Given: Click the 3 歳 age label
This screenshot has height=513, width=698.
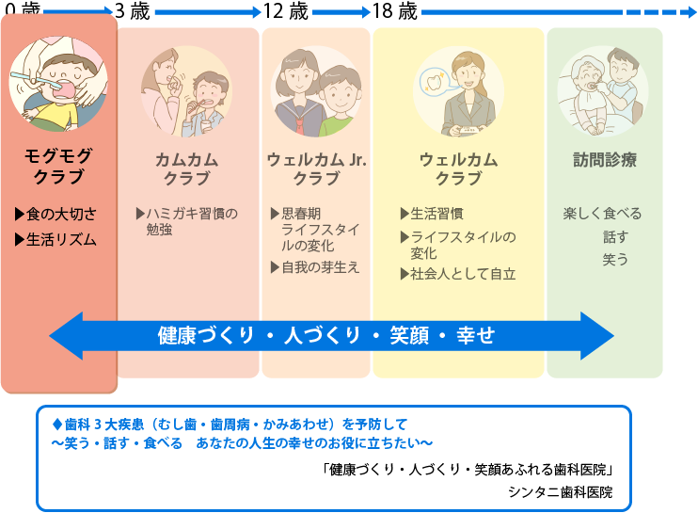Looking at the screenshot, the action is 133,10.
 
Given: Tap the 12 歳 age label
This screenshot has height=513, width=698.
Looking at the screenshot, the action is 285,10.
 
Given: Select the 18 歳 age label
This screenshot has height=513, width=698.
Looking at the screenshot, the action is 395,10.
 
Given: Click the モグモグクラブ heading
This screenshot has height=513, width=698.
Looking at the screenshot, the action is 58,166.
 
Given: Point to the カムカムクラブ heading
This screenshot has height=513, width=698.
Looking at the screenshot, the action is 187,168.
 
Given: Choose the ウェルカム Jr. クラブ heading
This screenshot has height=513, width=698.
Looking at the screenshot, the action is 316,168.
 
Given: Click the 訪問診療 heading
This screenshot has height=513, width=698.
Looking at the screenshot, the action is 605,160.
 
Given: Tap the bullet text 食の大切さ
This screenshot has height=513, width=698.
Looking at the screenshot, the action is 61,215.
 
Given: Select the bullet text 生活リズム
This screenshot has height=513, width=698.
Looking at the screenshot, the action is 61,240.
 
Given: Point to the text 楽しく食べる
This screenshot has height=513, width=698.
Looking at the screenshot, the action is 602,214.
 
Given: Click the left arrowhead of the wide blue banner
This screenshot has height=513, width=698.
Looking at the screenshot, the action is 66,336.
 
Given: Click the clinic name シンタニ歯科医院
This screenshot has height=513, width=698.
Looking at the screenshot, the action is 560,492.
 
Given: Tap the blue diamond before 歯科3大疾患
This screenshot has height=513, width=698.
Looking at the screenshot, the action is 57,425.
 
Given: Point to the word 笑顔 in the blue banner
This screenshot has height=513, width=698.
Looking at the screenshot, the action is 409,335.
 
